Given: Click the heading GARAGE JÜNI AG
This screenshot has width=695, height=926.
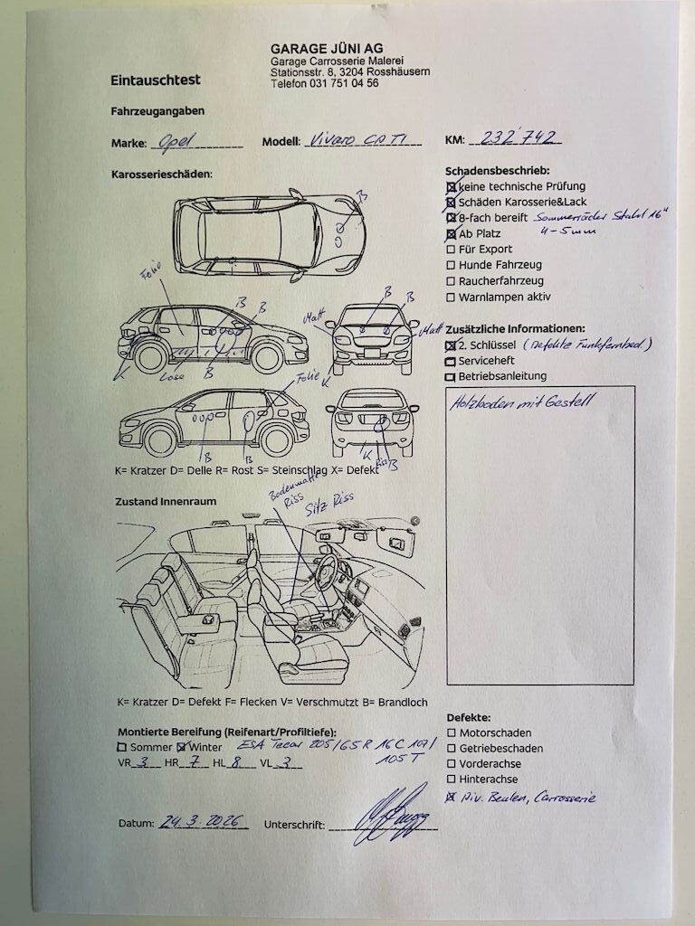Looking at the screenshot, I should pos(326,48).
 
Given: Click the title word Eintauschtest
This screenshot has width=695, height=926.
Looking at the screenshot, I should pos(155,80).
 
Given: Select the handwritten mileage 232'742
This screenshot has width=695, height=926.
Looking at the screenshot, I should pos(521,138).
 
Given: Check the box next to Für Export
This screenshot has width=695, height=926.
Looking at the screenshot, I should pos(451,249).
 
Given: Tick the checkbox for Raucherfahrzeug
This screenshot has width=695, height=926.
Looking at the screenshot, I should pos(451,281).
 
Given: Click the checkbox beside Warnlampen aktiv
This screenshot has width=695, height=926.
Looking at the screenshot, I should pos(451,298).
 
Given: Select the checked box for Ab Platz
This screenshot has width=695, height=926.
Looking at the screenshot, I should pos(451,233).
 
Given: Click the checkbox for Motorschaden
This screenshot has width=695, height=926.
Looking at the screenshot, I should pos(452,732).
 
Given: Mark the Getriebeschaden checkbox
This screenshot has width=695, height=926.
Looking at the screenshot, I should pos(452,749).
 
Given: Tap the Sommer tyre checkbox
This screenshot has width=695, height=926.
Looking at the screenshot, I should pos(122,747).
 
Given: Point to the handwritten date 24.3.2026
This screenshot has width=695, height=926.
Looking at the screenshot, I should pos(203,822).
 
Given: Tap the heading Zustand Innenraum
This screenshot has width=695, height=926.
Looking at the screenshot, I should pos(166,501).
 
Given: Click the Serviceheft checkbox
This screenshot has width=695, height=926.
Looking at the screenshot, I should pos(451,361).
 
